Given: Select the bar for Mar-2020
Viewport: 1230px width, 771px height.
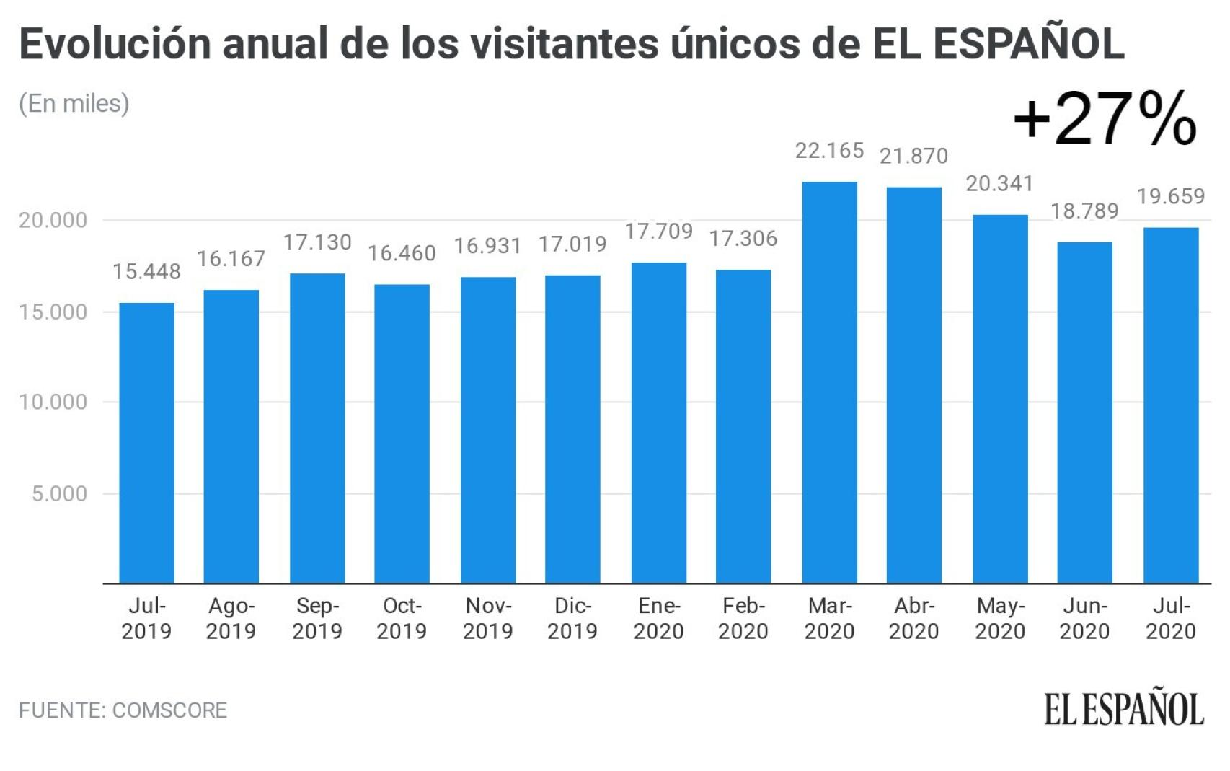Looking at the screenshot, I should coord(829,382).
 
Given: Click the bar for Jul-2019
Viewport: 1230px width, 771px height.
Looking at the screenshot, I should coord(146,443).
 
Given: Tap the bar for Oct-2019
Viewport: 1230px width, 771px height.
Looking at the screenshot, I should coord(402,433).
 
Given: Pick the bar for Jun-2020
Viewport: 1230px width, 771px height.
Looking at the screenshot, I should coord(1084,413).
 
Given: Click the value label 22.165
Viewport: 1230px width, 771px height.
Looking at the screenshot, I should coord(829,151).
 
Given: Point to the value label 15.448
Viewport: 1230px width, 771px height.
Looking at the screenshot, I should coord(146,272).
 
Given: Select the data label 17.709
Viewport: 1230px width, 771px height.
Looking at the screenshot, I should coord(658,232).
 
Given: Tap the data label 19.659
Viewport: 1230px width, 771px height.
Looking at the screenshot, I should coord(1171,196).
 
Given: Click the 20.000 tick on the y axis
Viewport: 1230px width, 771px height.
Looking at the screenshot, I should coord(53,220).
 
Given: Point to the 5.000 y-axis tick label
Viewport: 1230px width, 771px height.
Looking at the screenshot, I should coord(59,494).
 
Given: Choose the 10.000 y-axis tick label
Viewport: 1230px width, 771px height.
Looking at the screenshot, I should coord(53,402).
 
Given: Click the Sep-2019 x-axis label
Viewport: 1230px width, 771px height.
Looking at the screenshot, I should coord(317,618).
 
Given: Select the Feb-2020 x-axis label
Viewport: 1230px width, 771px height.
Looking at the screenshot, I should coord(743,618).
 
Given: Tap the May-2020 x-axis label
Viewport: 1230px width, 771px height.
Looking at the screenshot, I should coord(1000,618).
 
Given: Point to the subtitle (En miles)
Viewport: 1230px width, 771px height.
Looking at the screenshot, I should coord(74,104).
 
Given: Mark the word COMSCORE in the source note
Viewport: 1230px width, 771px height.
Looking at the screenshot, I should coord(169,710).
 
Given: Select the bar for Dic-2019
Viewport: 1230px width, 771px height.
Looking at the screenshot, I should coord(572,429).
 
